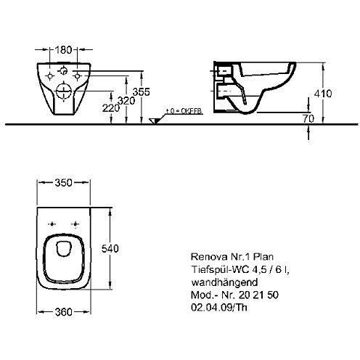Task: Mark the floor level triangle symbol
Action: click(154, 120)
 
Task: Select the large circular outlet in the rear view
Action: click(62, 93)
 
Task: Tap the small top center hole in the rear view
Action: click(64, 71)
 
